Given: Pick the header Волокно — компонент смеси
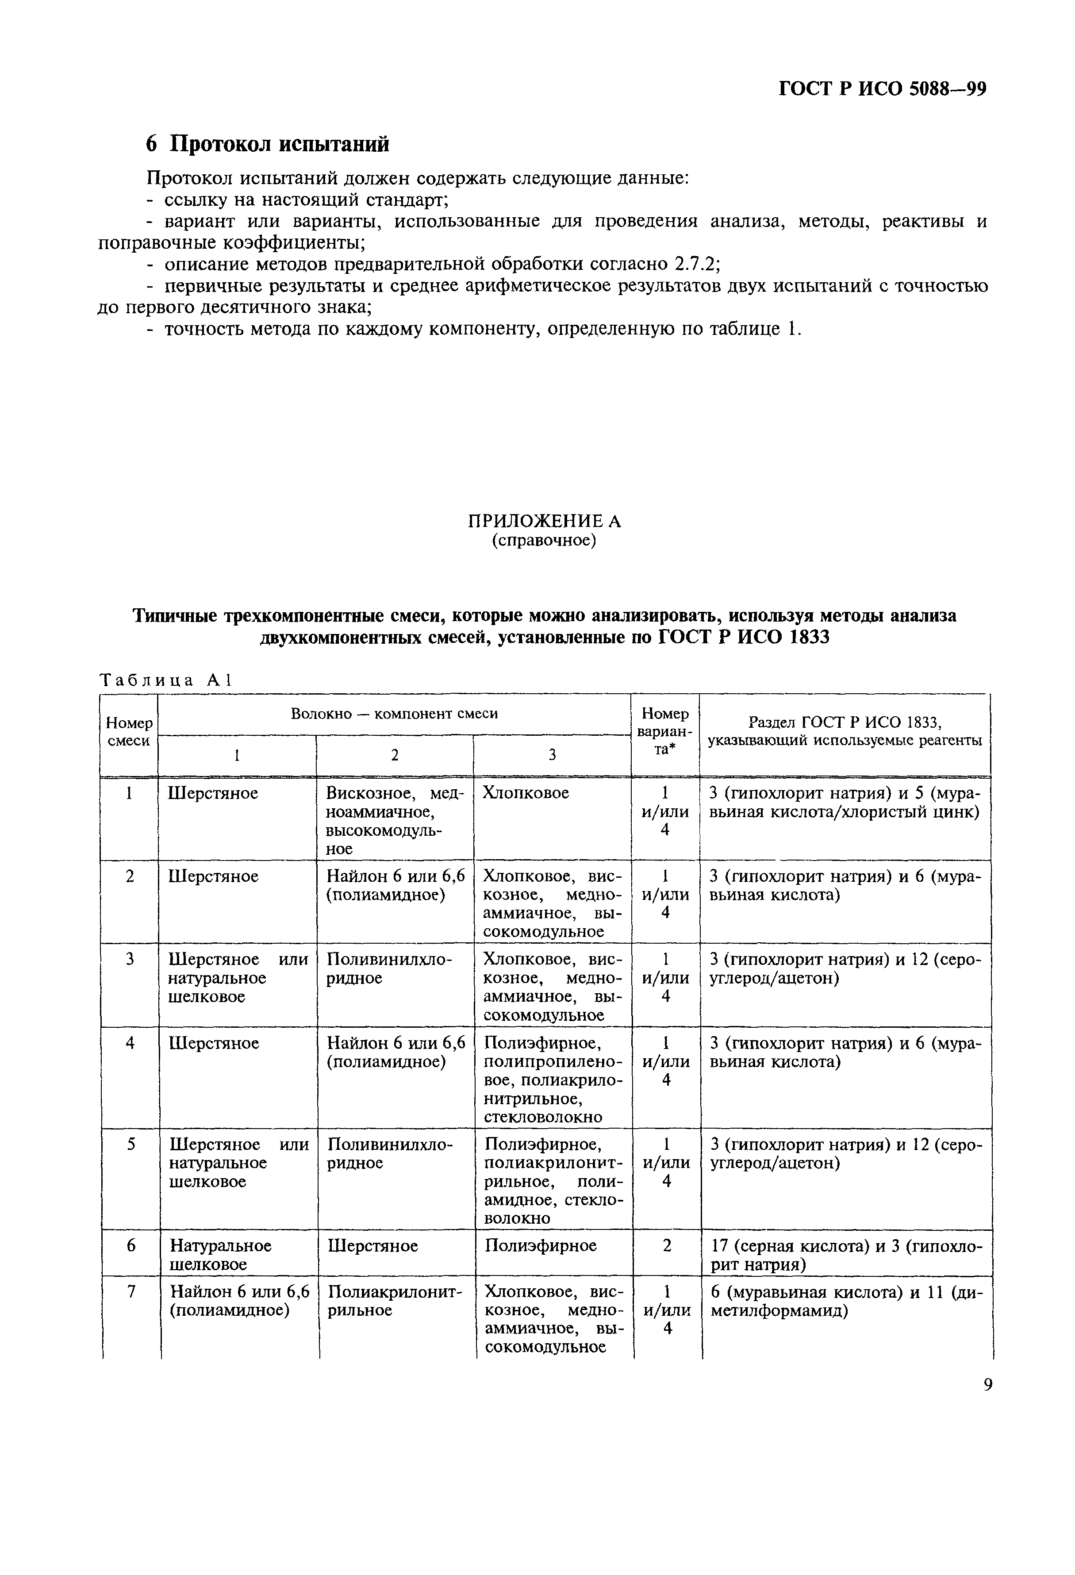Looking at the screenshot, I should (394, 714).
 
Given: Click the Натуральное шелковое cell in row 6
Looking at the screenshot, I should (220, 1254).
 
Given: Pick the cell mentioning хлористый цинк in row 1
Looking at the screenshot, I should (845, 803).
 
